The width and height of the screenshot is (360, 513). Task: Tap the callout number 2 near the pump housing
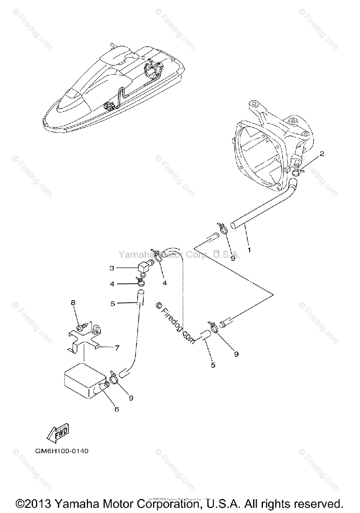[x=322, y=153]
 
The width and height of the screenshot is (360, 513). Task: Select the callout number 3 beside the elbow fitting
[x=112, y=268]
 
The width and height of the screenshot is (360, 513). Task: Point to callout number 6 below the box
[x=116, y=409]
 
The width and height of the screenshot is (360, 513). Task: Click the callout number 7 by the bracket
[x=117, y=348]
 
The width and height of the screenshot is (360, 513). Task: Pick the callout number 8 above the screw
[x=73, y=303]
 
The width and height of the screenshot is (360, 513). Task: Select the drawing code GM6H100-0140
[x=62, y=451]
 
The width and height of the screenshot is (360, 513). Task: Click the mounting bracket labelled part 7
[x=84, y=338]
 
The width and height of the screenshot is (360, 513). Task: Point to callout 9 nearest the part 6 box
[x=131, y=398]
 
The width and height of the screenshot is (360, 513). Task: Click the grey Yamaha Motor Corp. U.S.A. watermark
[x=180, y=255]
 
